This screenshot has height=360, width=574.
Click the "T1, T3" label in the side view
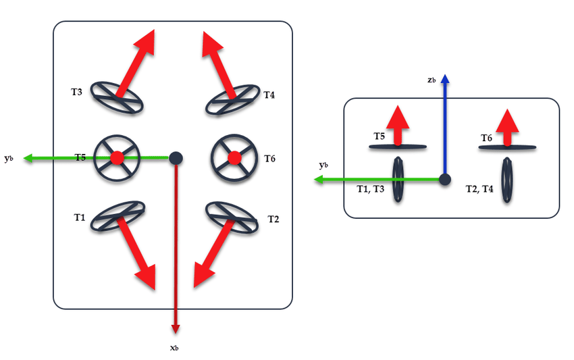click(x=371, y=189)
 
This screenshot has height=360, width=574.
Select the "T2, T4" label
click(x=479, y=189)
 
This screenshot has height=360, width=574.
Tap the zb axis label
click(x=432, y=80)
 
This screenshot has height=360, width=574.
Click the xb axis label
click(x=174, y=348)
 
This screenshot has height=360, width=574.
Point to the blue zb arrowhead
click(x=445, y=78)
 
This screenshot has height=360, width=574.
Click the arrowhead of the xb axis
click(x=176, y=329)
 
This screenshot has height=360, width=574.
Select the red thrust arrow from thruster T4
click(x=219, y=64)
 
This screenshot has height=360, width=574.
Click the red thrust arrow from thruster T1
click(x=136, y=253)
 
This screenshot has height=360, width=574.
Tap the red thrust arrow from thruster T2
click(x=213, y=253)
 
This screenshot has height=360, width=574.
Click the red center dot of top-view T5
click(x=117, y=158)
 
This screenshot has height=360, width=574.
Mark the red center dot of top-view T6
click(x=234, y=158)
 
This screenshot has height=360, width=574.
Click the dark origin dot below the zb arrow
click(x=445, y=180)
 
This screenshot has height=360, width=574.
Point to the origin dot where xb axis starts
click(x=176, y=158)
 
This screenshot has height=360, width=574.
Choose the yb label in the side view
click(x=323, y=165)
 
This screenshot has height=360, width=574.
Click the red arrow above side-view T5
click(x=398, y=125)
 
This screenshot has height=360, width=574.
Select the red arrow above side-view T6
click(x=507, y=127)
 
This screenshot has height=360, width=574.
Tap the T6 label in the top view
click(x=269, y=159)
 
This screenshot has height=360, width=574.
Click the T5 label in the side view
click(x=380, y=136)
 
